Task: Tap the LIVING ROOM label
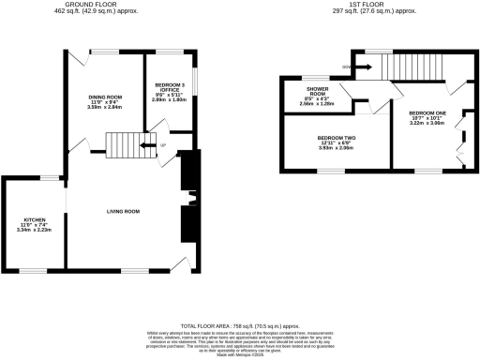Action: click(122, 212)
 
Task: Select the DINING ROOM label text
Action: click(105, 97)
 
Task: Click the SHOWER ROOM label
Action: click(311, 91)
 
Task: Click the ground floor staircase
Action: click(122, 145)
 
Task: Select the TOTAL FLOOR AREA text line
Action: click(240, 322)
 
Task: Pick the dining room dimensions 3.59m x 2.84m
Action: click(105, 108)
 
